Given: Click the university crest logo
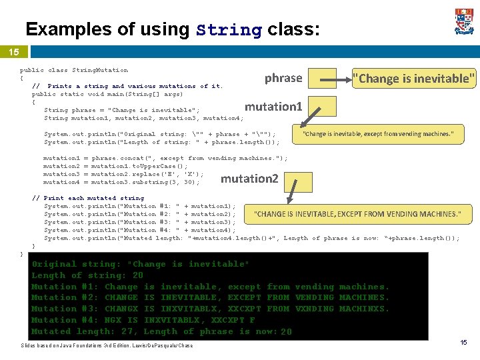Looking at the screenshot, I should click(x=464, y=21).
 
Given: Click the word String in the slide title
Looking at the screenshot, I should click(x=228, y=30).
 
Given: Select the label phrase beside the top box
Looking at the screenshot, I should click(x=283, y=78).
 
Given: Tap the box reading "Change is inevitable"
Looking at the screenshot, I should click(x=414, y=78).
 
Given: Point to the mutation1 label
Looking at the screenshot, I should click(x=273, y=107).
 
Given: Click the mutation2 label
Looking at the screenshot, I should click(x=249, y=179).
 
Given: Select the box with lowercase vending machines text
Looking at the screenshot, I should click(x=378, y=134).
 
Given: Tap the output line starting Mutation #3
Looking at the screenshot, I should click(x=210, y=309).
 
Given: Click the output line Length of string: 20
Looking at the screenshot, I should click(x=87, y=275).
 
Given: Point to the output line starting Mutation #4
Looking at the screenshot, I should click(x=143, y=320).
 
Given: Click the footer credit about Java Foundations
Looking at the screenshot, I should click(x=107, y=345).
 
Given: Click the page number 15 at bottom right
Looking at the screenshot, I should click(x=464, y=342).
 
